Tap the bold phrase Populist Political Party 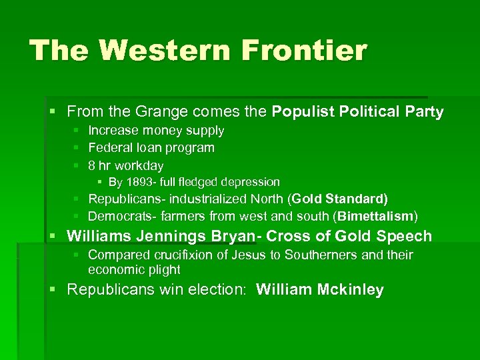point(358,112)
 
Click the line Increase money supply point(156,131)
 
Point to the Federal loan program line point(151,147)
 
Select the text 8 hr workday point(125,165)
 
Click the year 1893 point(139,182)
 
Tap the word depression point(251,182)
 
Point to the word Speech point(404,236)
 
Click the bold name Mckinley point(351,290)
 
